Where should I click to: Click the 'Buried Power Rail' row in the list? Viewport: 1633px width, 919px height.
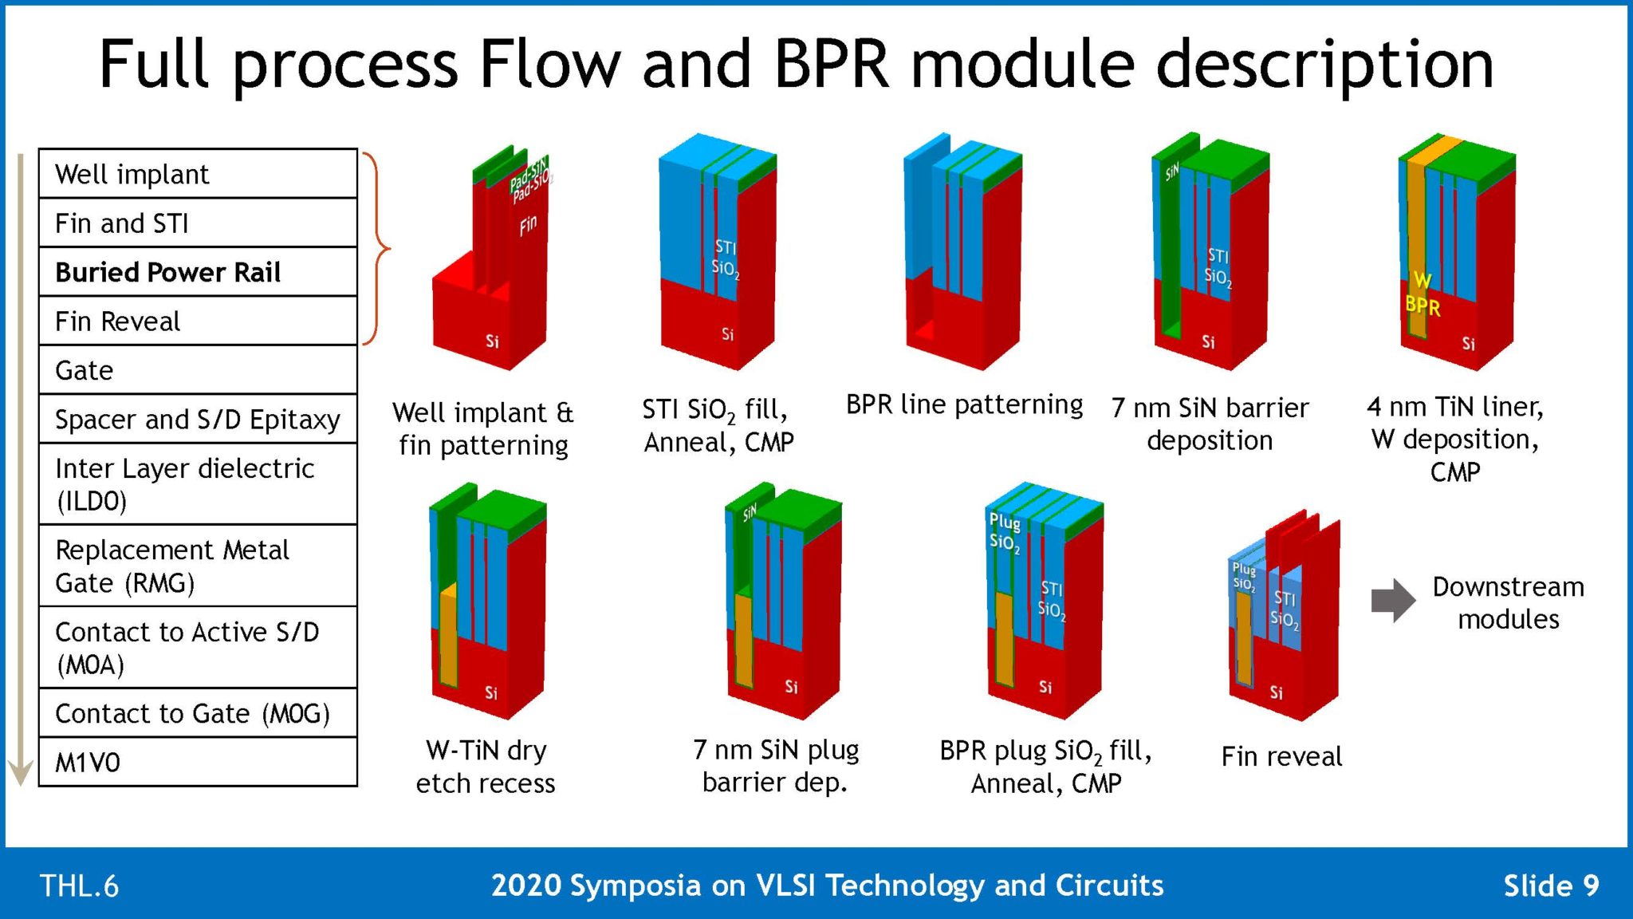[197, 272]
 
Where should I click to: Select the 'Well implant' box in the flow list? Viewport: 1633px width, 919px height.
[197, 174]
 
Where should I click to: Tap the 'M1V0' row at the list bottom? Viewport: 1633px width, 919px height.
[197, 763]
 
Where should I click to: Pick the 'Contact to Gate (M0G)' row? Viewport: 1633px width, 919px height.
[197, 713]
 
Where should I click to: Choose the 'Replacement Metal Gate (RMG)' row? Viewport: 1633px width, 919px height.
[197, 566]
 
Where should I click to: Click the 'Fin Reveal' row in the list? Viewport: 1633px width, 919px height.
[197, 321]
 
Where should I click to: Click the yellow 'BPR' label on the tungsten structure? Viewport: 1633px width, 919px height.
[1422, 306]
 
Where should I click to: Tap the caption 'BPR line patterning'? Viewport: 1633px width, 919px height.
[963, 405]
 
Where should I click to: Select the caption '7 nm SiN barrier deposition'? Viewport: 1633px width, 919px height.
[1209, 424]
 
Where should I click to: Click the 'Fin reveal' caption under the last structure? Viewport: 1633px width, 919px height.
[1281, 756]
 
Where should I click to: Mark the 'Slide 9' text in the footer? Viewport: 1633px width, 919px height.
[1550, 885]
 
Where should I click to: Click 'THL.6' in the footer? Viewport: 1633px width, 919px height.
[79, 886]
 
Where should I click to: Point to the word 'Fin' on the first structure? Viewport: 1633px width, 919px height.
[528, 226]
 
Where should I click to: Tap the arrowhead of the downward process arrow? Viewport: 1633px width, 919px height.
[20, 772]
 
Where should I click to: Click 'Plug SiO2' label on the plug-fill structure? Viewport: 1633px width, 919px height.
[1004, 532]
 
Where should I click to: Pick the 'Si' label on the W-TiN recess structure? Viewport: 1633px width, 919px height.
[491, 693]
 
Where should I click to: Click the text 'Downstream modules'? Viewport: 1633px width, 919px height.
[1507, 602]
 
